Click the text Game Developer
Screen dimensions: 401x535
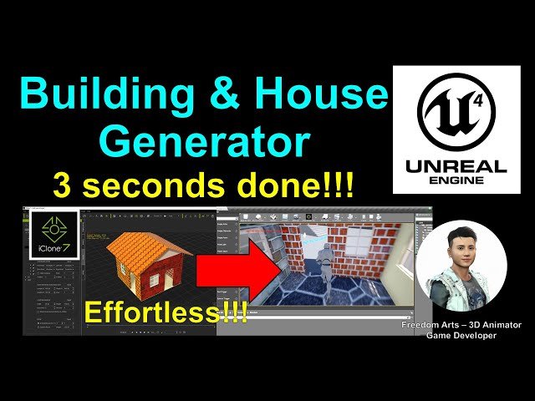tap(461, 335)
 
